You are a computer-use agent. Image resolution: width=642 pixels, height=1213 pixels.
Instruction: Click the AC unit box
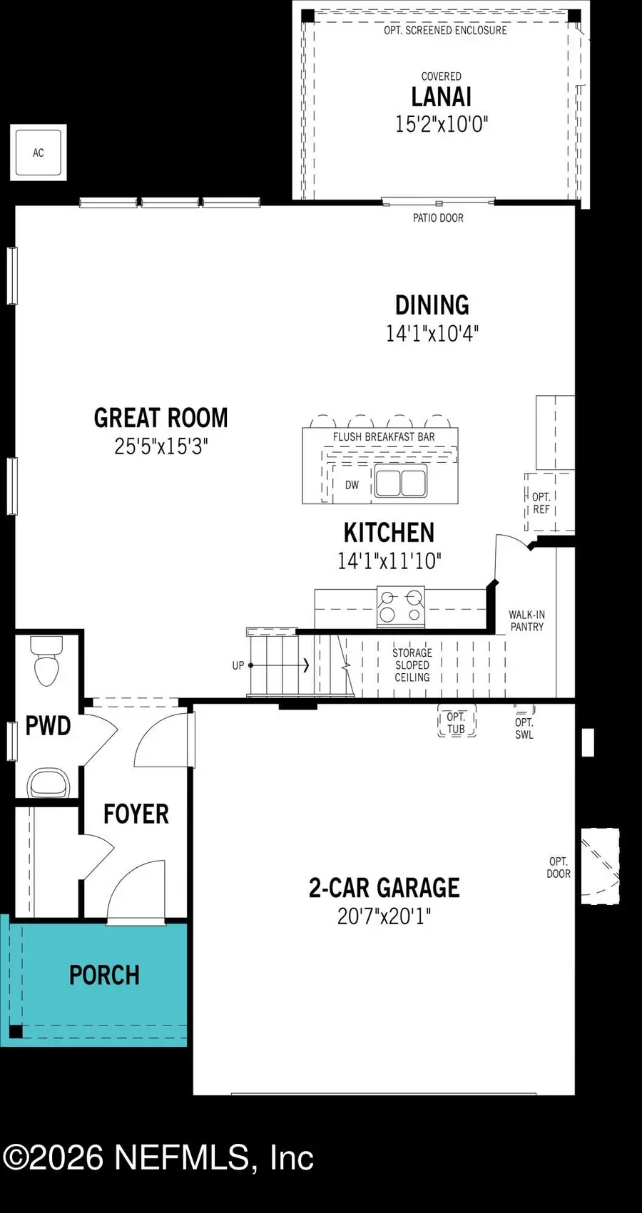[39, 153]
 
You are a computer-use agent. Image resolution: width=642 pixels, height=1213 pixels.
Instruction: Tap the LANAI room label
[441, 97]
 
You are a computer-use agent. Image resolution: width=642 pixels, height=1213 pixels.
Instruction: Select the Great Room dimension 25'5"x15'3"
[160, 447]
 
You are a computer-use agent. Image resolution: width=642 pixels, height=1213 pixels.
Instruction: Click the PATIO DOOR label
[438, 218]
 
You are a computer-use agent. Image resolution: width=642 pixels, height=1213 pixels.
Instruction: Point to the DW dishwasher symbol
[352, 485]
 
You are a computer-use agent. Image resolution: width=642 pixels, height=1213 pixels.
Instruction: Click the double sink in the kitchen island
[401, 482]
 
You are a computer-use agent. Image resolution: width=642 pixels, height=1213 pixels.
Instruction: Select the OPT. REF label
[541, 503]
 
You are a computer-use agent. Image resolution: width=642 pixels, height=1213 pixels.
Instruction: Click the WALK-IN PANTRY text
[526, 620]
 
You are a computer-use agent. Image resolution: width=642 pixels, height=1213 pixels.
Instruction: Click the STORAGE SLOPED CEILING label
[412, 665]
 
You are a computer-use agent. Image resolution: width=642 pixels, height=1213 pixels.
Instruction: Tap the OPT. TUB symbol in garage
[456, 723]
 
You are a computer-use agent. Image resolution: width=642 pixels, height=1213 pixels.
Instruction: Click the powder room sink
[49, 783]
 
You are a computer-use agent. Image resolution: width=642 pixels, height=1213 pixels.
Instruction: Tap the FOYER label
[136, 814]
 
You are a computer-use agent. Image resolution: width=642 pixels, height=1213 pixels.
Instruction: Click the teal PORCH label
[104, 976]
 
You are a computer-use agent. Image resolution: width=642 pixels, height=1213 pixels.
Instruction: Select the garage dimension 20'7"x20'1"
[384, 916]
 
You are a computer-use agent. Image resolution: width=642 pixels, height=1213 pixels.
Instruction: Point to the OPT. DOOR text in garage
[559, 867]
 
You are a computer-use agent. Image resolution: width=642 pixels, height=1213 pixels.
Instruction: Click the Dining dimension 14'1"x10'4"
[432, 334]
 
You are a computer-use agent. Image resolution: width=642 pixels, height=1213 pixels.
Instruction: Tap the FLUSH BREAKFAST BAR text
[384, 437]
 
